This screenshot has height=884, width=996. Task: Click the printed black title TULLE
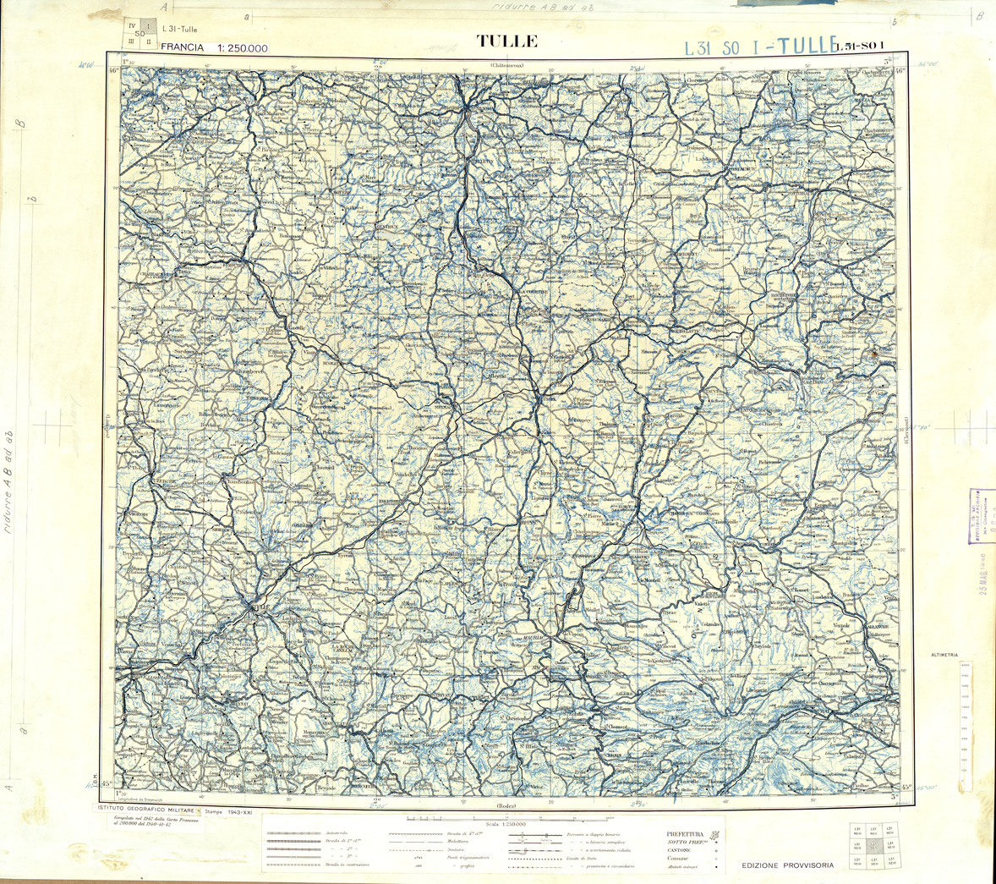[x=507, y=41]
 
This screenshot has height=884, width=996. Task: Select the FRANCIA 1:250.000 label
[x=214, y=48]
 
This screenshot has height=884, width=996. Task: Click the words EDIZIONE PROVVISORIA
[x=787, y=865]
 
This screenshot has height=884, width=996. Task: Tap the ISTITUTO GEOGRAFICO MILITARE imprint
[x=144, y=810]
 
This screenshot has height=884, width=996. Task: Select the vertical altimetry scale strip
[x=965, y=727]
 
